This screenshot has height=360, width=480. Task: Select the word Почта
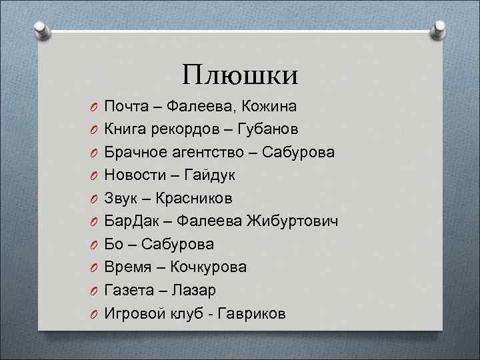pos(127,106)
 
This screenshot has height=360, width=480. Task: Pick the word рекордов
pos(185,129)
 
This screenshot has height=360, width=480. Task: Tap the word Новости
pos(133,175)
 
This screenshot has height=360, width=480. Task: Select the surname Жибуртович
pos(292,221)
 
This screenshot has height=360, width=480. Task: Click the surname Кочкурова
pos(208,267)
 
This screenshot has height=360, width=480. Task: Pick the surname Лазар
pos(193,290)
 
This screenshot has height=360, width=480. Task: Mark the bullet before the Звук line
pos(96,199)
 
